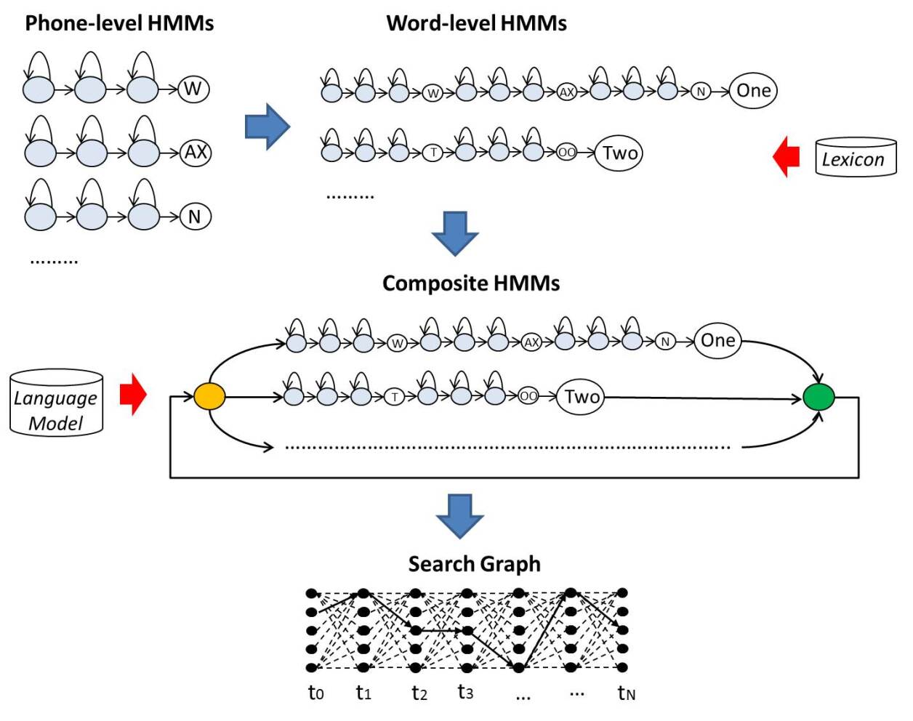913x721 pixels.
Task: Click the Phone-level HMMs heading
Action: [119, 23]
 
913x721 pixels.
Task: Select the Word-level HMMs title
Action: [476, 23]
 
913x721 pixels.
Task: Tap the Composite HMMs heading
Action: [471, 283]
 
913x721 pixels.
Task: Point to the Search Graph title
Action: [474, 564]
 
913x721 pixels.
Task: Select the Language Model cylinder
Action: [56, 403]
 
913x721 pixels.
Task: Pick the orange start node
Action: [209, 397]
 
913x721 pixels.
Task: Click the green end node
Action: [819, 398]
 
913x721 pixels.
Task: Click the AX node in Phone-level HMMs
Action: [195, 153]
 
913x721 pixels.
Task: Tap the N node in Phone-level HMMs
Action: [195, 217]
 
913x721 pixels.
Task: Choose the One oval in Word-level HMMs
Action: [753, 91]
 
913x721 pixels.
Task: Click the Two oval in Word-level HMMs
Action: [619, 153]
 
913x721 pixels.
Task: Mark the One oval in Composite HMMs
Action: [717, 341]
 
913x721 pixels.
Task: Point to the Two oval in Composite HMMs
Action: [581, 397]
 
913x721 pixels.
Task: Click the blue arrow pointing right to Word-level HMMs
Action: [267, 126]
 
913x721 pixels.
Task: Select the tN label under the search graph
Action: [626, 693]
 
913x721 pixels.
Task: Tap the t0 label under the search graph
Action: [315, 693]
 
